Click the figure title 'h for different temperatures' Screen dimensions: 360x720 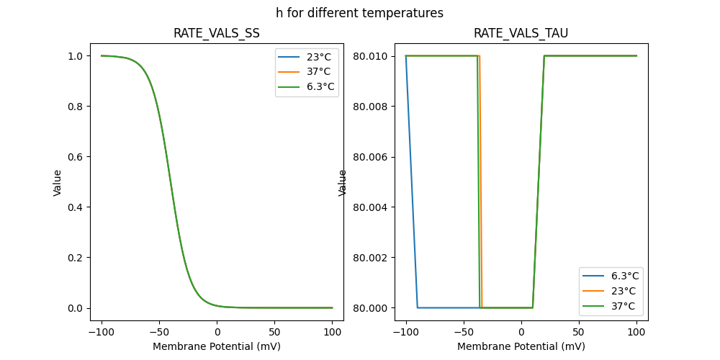(359, 13)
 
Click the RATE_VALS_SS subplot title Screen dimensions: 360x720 (217, 33)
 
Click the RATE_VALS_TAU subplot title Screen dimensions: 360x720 (521, 33)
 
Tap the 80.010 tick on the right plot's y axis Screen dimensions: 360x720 (372, 56)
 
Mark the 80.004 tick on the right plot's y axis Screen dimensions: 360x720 (372, 207)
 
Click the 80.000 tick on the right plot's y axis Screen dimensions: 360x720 (372, 308)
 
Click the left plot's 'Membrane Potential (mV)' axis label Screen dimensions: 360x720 (217, 346)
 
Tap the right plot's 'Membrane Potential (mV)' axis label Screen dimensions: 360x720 (521, 346)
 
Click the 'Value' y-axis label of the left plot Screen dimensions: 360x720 (58, 183)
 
